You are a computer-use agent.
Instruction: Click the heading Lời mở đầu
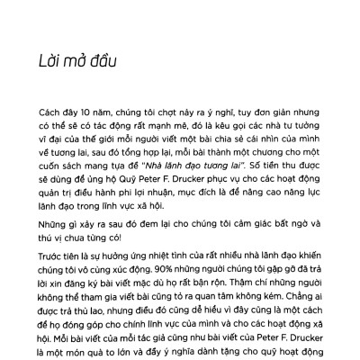coord(68,62)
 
